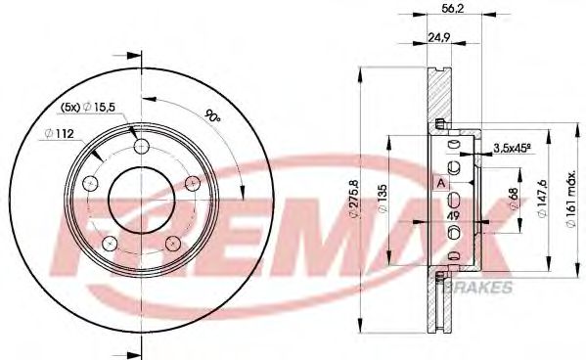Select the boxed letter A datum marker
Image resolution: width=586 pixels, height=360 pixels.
(x=441, y=182)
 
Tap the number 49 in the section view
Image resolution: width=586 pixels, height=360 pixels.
(x=453, y=216)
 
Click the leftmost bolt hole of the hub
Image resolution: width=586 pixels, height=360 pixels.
(x=91, y=182)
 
